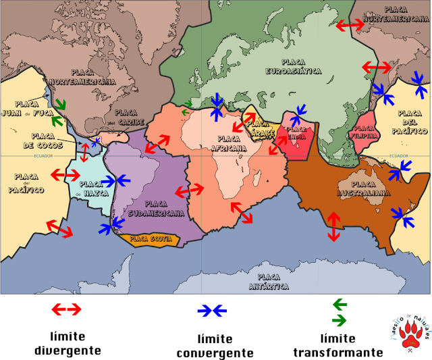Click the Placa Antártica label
coord(269,282)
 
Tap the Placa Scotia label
coord(151,239)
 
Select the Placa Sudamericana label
coord(156,208)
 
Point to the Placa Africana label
coord(228,143)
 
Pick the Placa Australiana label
coord(363,188)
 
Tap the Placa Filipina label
coord(364,132)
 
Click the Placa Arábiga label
coord(258,129)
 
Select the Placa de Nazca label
coord(91,188)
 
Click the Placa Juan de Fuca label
coord(27,109)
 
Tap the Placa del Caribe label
coord(126,118)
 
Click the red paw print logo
coord(410,333)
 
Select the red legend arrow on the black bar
coord(66,309)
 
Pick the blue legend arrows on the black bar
coord(212,311)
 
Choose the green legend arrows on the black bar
coord(340,313)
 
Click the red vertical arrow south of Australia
coord(333,227)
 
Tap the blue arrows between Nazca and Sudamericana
coord(115,180)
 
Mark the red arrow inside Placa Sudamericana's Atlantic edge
coord(189,190)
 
